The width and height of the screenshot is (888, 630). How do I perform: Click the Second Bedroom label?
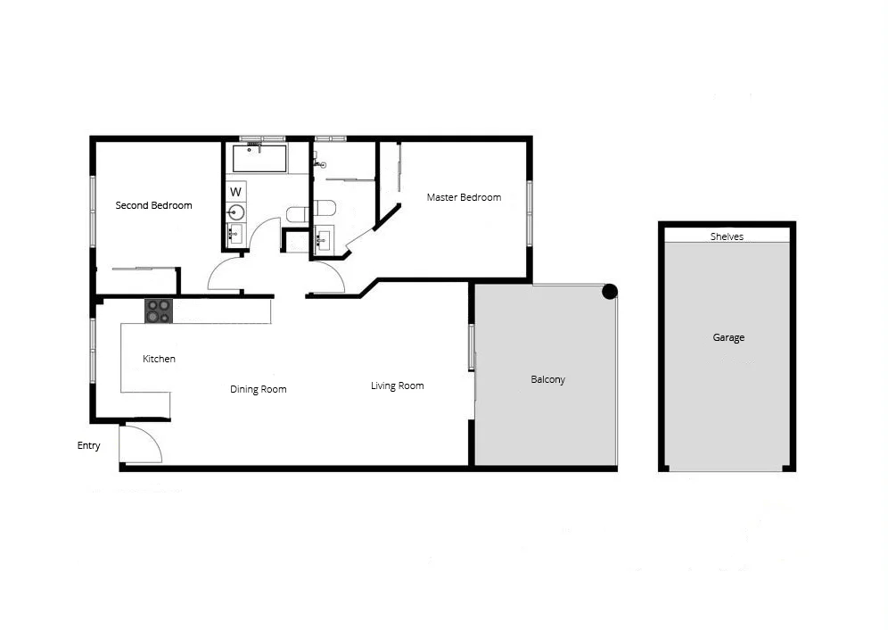click(153, 205)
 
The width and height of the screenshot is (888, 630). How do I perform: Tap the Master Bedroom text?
click(463, 197)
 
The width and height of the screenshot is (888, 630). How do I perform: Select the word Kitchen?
click(159, 359)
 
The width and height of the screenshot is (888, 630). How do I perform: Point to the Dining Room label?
click(258, 389)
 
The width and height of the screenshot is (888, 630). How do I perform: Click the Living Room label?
click(397, 385)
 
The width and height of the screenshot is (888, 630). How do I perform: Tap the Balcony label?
click(547, 379)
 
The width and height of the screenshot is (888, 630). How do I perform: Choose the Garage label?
click(728, 337)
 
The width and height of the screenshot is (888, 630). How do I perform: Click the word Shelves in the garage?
click(726, 236)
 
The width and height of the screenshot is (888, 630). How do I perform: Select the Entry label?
click(88, 445)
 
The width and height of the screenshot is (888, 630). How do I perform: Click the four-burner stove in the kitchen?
click(159, 311)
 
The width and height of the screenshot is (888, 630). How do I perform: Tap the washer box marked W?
click(236, 191)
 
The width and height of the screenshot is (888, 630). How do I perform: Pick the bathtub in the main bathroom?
click(259, 159)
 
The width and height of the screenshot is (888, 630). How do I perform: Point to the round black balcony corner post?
click(610, 291)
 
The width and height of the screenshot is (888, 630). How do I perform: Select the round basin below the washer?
click(236, 212)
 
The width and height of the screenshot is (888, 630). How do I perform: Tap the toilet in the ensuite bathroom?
click(325, 208)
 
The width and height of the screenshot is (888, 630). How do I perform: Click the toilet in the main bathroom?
click(297, 214)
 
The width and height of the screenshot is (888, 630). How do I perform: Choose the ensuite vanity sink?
click(323, 239)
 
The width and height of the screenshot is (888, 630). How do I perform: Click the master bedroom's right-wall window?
click(529, 213)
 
